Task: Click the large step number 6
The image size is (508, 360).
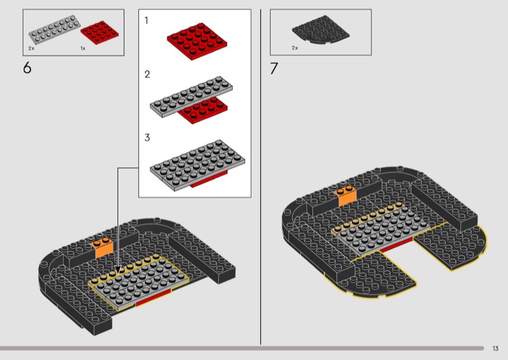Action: point(27,68)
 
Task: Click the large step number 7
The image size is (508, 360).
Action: point(274,68)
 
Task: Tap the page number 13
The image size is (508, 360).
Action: point(495,349)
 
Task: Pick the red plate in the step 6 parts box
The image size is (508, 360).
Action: point(100,32)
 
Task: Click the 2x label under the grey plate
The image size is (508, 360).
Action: point(31,48)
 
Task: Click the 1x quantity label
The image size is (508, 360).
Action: point(83,48)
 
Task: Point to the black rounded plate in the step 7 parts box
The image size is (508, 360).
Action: point(321,30)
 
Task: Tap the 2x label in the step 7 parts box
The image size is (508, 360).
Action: point(295,48)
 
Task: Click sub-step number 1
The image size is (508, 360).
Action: point(147,20)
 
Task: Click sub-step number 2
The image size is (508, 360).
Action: point(147,74)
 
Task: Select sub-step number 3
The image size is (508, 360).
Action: point(147,138)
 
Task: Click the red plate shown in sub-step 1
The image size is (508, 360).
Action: point(197,41)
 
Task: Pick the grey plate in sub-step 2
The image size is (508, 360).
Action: point(191,96)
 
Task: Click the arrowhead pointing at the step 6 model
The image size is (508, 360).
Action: point(118,270)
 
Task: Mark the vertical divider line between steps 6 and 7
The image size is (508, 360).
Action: point(260,177)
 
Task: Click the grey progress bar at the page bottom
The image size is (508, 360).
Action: point(242,349)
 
